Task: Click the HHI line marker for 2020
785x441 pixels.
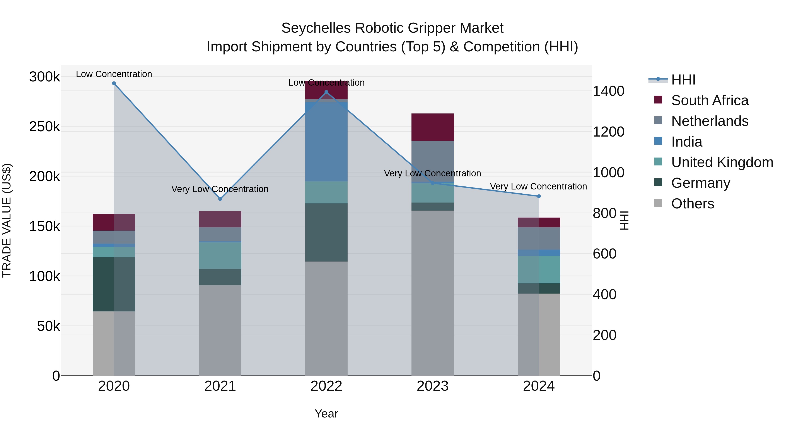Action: pos(114,83)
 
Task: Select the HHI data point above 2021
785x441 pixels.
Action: pos(220,199)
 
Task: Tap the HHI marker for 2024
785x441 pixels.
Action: pos(539,196)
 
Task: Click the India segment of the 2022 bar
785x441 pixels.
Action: pos(326,142)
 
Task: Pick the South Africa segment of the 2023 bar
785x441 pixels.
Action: pos(433,127)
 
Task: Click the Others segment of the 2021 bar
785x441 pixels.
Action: pos(220,330)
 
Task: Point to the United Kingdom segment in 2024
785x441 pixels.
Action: pos(539,270)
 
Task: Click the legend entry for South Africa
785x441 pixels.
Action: pos(709,100)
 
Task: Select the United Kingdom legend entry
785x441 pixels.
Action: pos(722,162)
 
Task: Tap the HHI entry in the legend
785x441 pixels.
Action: pos(683,80)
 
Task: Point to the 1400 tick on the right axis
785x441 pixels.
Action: pos(608,91)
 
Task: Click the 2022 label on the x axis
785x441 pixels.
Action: pos(326,386)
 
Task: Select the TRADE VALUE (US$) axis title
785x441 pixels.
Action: pos(7,220)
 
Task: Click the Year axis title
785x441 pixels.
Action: pos(326,414)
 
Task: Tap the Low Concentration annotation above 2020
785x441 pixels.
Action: pos(114,74)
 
